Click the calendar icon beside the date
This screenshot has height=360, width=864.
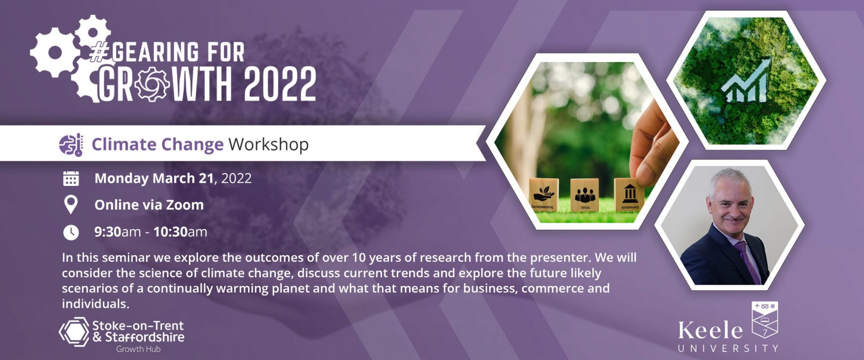pyautogui.click(x=71, y=178)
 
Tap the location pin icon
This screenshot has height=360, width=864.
pyautogui.click(x=71, y=205)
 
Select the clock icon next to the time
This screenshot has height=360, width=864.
pyautogui.click(x=71, y=232)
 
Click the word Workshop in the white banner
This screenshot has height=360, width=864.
pyautogui.click(x=269, y=144)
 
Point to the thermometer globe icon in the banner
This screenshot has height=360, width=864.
pyautogui.click(x=71, y=144)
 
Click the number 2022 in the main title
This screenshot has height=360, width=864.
pyautogui.click(x=280, y=84)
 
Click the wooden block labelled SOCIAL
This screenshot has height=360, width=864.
pyautogui.click(x=585, y=194)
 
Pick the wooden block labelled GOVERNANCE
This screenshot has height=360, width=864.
pyautogui.click(x=629, y=194)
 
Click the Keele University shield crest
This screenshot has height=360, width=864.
pyautogui.click(x=765, y=319)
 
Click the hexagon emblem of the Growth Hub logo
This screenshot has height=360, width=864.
pyautogui.click(x=75, y=332)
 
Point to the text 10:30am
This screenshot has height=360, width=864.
pyautogui.click(x=180, y=232)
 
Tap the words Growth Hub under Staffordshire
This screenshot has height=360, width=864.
pyautogui.click(x=138, y=349)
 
